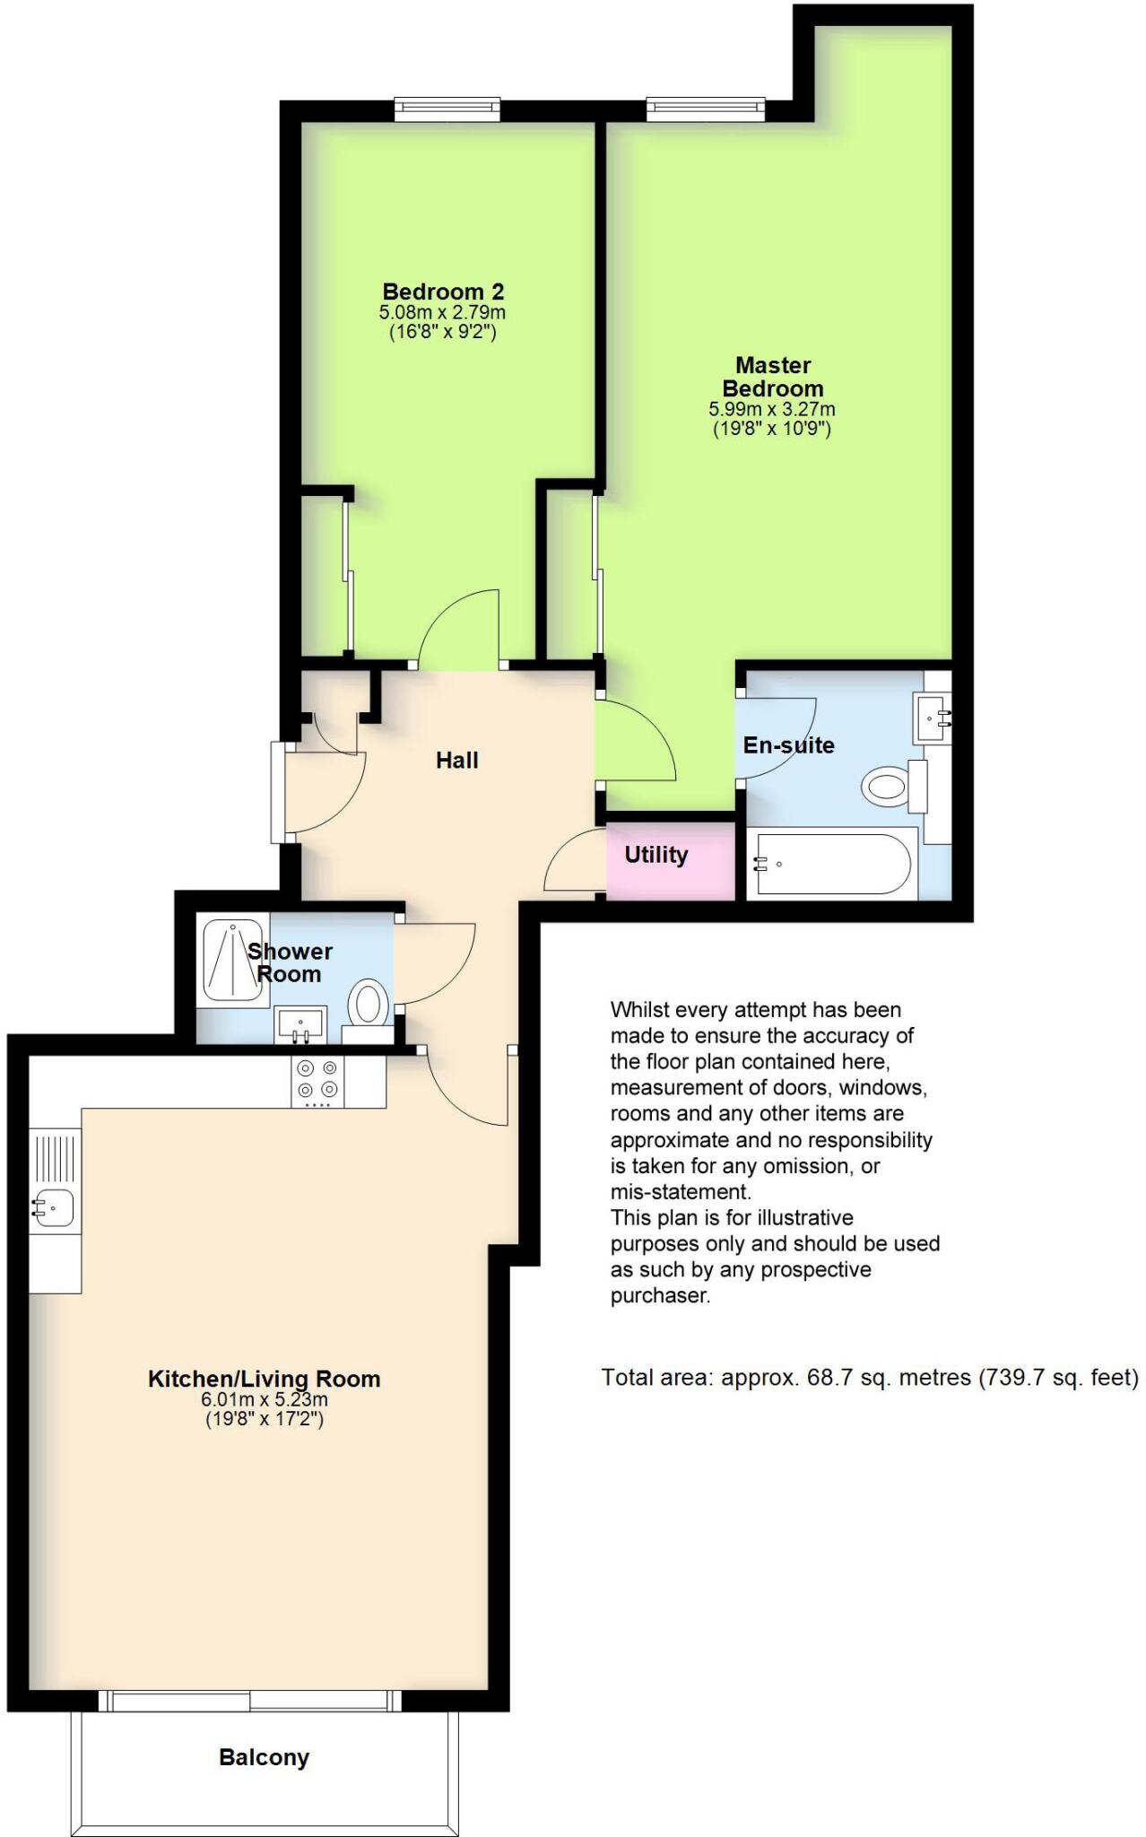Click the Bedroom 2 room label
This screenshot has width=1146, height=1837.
(443, 292)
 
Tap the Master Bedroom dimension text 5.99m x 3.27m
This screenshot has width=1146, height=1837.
(772, 409)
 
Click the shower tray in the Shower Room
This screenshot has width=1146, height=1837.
(232, 959)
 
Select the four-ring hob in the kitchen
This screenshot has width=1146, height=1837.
(318, 1080)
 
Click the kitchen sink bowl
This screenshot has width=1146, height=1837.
(53, 1208)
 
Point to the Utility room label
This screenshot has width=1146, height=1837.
(655, 855)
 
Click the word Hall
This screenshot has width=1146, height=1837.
(456, 761)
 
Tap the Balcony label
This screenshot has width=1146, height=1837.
(264, 1757)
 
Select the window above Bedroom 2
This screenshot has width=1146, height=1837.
(447, 109)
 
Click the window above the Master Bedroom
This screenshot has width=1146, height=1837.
(705, 109)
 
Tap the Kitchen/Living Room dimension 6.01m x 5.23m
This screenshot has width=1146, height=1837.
(264, 1399)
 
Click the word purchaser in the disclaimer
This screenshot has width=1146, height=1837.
(660, 1295)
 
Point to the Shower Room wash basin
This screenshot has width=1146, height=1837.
(301, 1022)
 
